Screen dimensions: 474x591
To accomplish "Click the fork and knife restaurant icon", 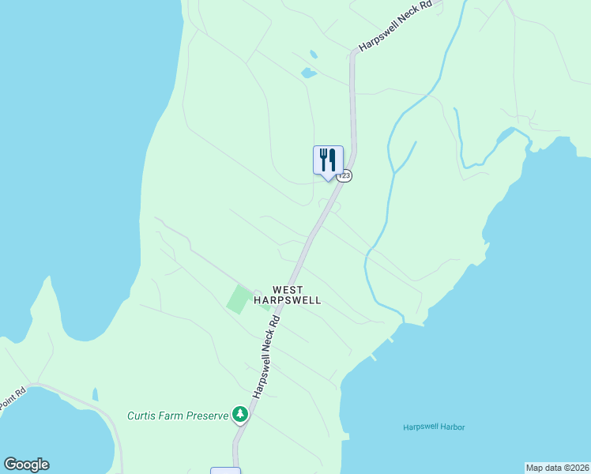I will pyautogui.click(x=328, y=160).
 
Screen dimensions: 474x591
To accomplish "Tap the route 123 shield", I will pyautogui.click(x=344, y=175).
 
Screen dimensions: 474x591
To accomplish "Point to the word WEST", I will pyautogui.click(x=288, y=290).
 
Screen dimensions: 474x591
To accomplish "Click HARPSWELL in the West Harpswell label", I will pyautogui.click(x=288, y=300).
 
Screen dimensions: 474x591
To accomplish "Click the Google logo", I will pyautogui.click(x=26, y=465).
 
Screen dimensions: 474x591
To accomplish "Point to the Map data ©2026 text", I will pyautogui.click(x=557, y=468).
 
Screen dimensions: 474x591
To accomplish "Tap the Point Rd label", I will pyautogui.click(x=13, y=397).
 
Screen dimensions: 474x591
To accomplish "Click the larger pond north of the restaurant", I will pyautogui.click(x=308, y=73).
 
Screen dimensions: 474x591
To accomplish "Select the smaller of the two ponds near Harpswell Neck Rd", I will pyautogui.click(x=314, y=55).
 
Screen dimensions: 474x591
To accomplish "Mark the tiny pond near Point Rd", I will pyautogui.click(x=95, y=393).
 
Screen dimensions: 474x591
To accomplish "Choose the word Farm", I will pyautogui.click(x=174, y=415).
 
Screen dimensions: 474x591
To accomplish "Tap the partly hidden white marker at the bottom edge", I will pyautogui.click(x=225, y=471).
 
